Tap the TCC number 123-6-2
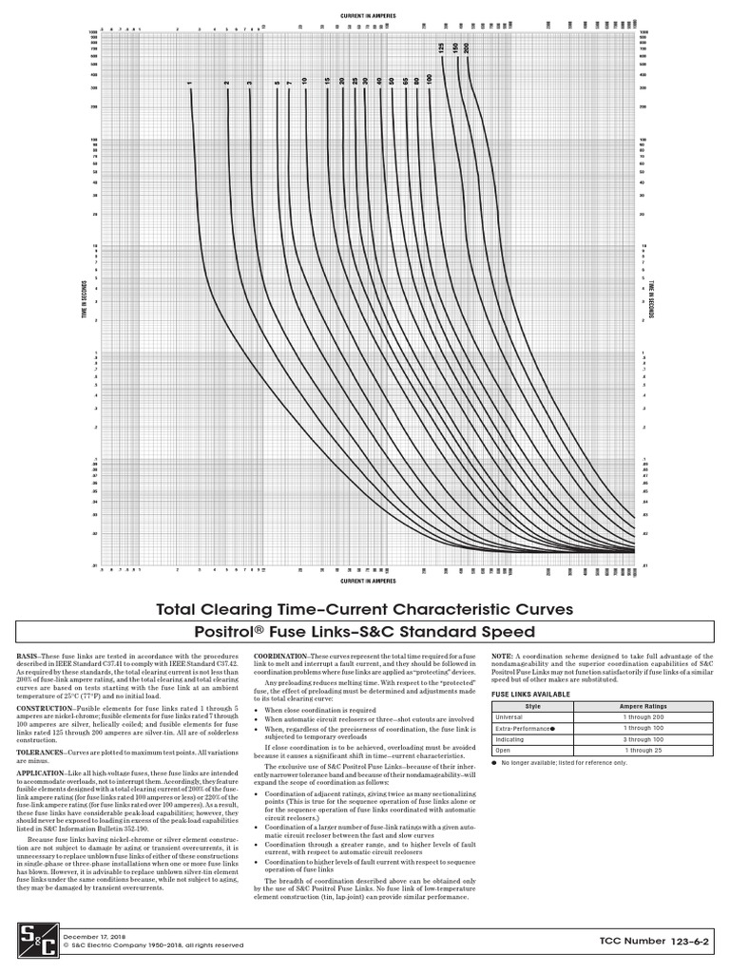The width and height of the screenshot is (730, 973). (663, 940)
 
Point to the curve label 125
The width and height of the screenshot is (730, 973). (441, 48)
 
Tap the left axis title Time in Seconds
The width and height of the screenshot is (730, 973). (83, 303)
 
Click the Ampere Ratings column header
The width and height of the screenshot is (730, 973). (645, 707)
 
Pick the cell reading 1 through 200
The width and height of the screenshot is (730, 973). (645, 717)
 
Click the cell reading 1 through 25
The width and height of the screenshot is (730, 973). (645, 750)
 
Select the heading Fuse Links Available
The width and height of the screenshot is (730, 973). (530, 695)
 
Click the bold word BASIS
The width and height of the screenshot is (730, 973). (28, 657)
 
